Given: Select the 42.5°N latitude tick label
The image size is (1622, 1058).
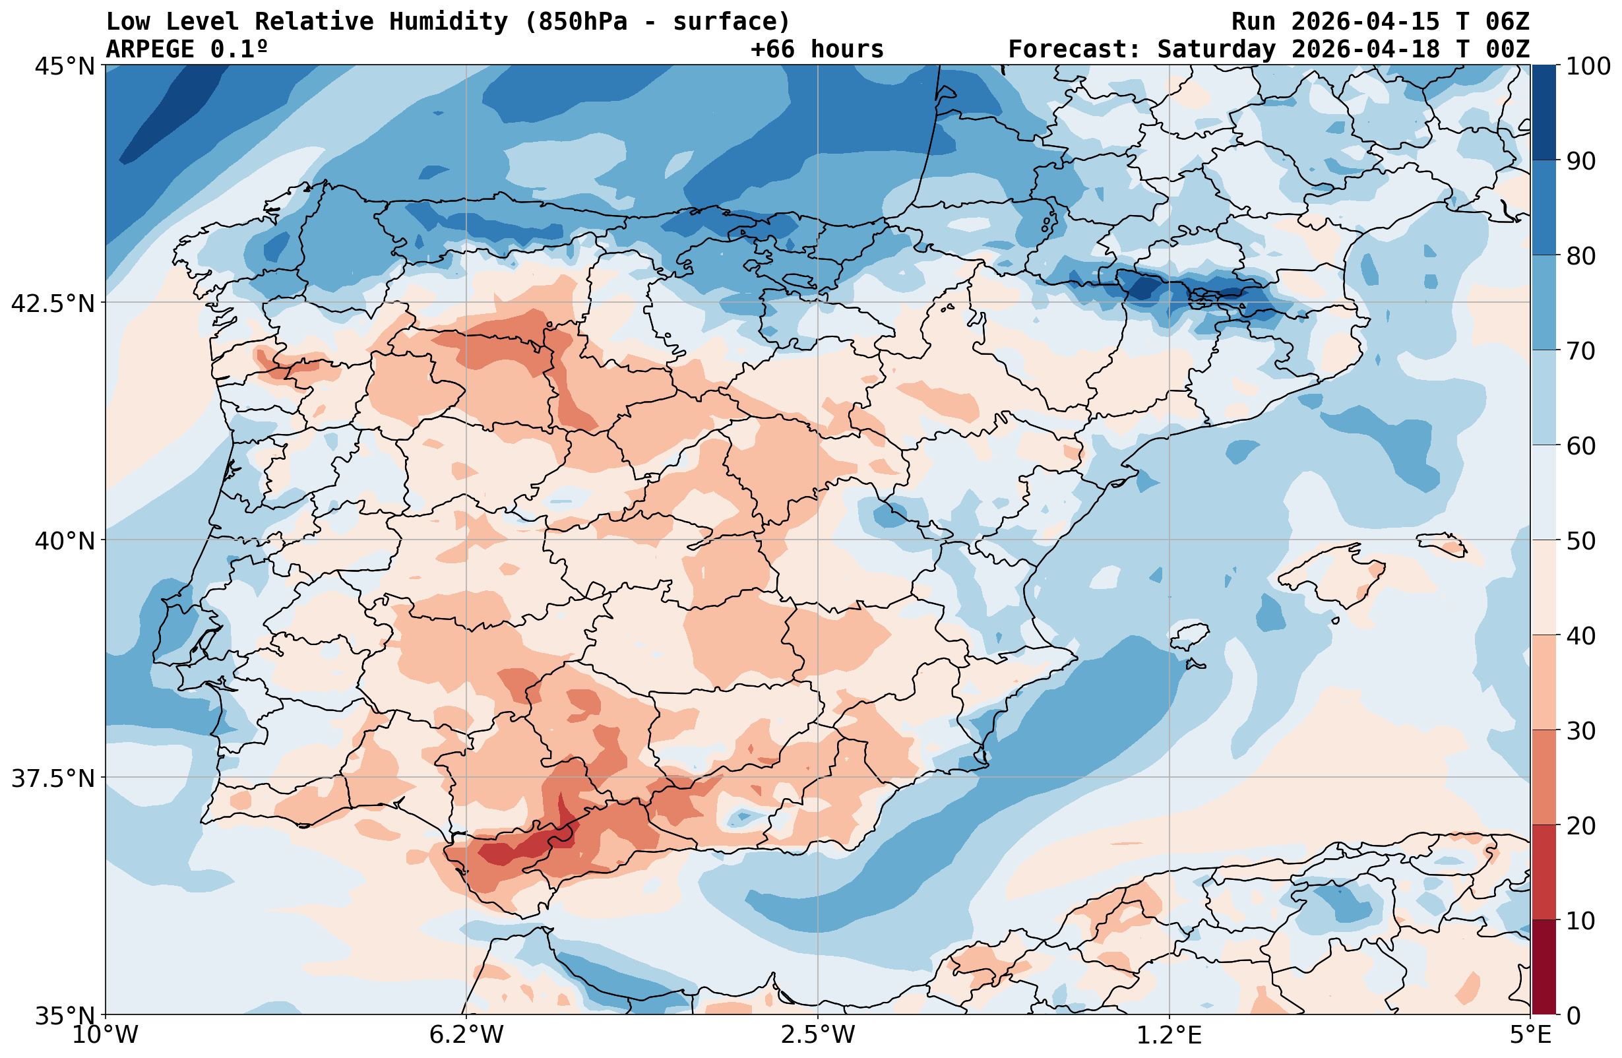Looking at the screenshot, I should pyautogui.click(x=53, y=303).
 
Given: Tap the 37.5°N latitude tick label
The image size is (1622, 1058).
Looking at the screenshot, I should pyautogui.click(x=53, y=778).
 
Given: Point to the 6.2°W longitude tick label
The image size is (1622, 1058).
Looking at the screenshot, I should pyautogui.click(x=466, y=1035).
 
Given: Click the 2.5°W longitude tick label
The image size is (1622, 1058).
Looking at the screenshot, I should pyautogui.click(x=818, y=1035).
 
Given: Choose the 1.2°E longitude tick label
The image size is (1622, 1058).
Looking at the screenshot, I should pyautogui.click(x=1170, y=1035).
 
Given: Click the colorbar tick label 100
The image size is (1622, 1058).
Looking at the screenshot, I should pyautogui.click(x=1588, y=66).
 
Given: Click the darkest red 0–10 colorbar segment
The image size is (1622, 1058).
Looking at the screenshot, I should pyautogui.click(x=1544, y=968).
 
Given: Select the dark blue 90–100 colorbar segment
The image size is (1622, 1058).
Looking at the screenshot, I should pyautogui.click(x=1544, y=113).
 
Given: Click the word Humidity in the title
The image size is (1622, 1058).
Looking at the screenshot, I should pyautogui.click(x=449, y=22).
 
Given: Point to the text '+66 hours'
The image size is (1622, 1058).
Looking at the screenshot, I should pyautogui.click(x=817, y=49).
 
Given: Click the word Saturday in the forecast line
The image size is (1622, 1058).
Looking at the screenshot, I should pyautogui.click(x=1216, y=49).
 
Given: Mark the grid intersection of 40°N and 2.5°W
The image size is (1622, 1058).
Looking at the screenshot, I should pyautogui.click(x=818, y=540).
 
